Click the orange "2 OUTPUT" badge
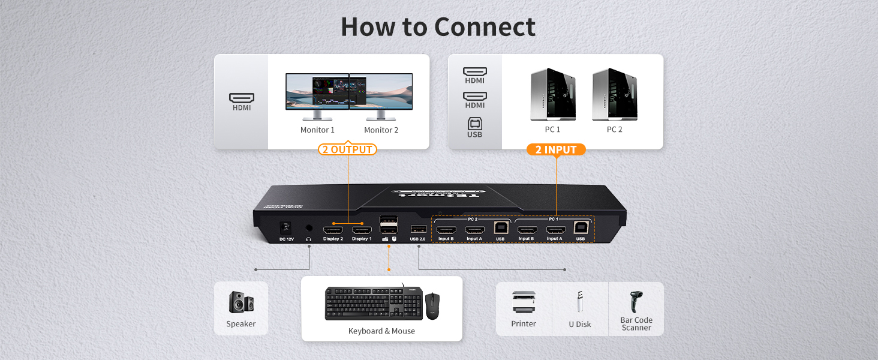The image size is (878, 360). coord(347,149)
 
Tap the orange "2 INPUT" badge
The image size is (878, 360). coord(555,149)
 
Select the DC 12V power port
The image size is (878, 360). coord(286,229)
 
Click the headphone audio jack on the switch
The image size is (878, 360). coord(309,228)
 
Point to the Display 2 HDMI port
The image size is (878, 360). coord(333,230)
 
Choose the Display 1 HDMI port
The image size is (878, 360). coord(362,230)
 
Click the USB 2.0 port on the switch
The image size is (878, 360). coord(418,229)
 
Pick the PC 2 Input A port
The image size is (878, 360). coord(474,230)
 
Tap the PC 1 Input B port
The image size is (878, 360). coord(527,230)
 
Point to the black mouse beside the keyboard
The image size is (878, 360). coord(432,305)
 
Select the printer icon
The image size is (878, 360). coord(524,302)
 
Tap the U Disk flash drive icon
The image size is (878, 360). coord(579,302)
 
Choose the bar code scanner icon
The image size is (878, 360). coord(636,302)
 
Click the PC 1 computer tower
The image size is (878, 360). coord(553,95)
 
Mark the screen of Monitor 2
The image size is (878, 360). coord(381,91)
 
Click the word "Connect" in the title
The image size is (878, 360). coord(485,27)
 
